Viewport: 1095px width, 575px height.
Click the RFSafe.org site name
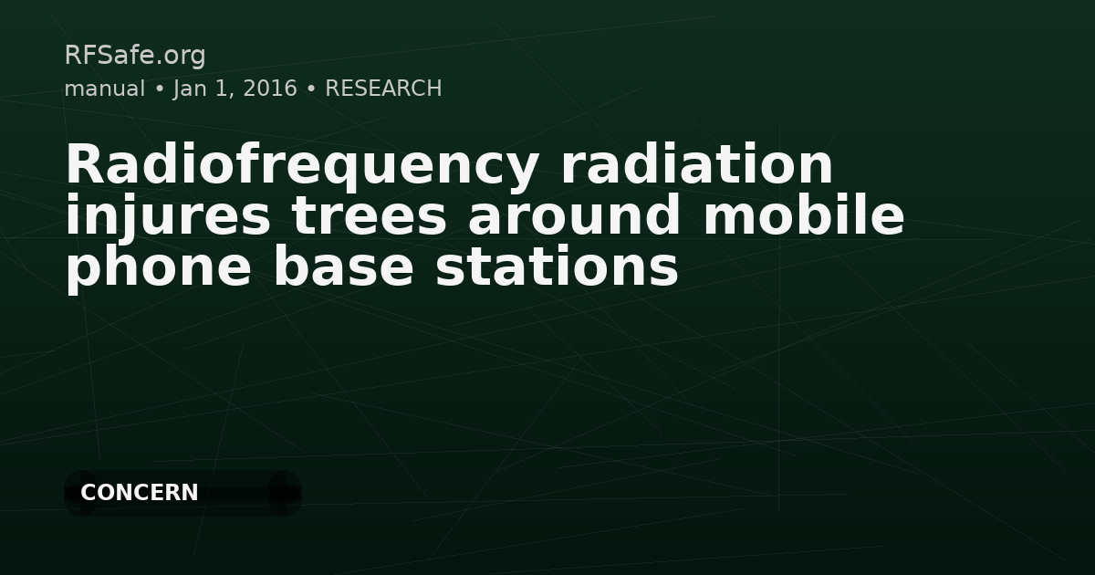point(134,56)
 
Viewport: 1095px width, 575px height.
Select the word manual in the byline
point(104,89)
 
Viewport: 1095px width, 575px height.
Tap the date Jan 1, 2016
point(235,89)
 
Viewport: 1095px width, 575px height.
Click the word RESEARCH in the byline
point(383,89)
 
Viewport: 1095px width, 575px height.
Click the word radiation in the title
point(697,166)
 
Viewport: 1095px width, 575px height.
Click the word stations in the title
point(557,268)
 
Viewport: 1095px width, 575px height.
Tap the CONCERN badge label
point(139,493)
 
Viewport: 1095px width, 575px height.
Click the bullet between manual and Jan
point(159,89)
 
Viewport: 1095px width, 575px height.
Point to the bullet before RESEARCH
point(311,89)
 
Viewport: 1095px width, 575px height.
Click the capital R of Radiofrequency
point(82,166)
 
